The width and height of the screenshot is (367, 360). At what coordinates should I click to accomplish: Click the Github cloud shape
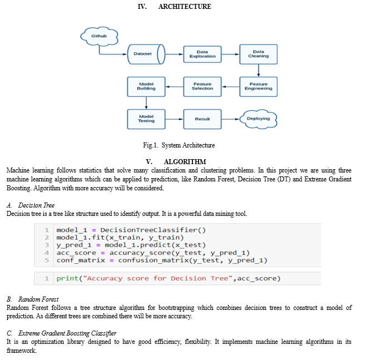pyautogui.click(x=99, y=36)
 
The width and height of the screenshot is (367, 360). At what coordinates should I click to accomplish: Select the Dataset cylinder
pyautogui.click(x=146, y=54)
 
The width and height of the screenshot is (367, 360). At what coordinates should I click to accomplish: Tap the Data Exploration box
pyautogui.click(x=202, y=54)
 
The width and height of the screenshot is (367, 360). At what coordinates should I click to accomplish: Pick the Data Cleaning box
pyautogui.click(x=259, y=54)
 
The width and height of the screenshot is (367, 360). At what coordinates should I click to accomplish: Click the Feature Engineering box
pyautogui.click(x=259, y=87)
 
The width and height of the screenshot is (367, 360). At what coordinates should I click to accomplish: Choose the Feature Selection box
pyautogui.click(x=202, y=87)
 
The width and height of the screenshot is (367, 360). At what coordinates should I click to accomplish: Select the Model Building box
pyautogui.click(x=146, y=87)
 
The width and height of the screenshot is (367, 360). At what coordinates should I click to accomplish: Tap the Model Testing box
pyautogui.click(x=146, y=119)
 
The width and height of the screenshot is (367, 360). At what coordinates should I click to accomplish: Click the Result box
pyautogui.click(x=202, y=119)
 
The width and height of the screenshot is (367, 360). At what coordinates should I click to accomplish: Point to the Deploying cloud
pyautogui.click(x=259, y=119)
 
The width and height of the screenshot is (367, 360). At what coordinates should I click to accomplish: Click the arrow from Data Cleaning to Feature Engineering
pyautogui.click(x=259, y=71)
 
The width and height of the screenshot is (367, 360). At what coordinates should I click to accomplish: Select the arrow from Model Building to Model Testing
pyautogui.click(x=146, y=103)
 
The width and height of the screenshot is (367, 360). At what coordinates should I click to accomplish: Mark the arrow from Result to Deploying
pyautogui.click(x=231, y=119)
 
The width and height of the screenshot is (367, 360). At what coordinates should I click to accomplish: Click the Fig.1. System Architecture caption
pyautogui.click(x=179, y=145)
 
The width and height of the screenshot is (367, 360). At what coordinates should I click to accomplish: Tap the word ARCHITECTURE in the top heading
pyautogui.click(x=185, y=7)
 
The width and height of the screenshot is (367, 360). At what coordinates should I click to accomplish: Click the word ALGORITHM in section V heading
pyautogui.click(x=185, y=161)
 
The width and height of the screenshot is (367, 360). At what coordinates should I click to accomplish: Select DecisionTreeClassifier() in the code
pyautogui.click(x=153, y=230)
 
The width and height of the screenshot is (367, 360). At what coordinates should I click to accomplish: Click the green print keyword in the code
pyautogui.click(x=67, y=279)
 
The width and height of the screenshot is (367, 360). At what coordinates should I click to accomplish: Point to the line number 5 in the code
pyautogui.click(x=47, y=260)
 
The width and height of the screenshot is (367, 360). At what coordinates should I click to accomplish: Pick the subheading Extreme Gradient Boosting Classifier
pyautogui.click(x=67, y=333)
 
